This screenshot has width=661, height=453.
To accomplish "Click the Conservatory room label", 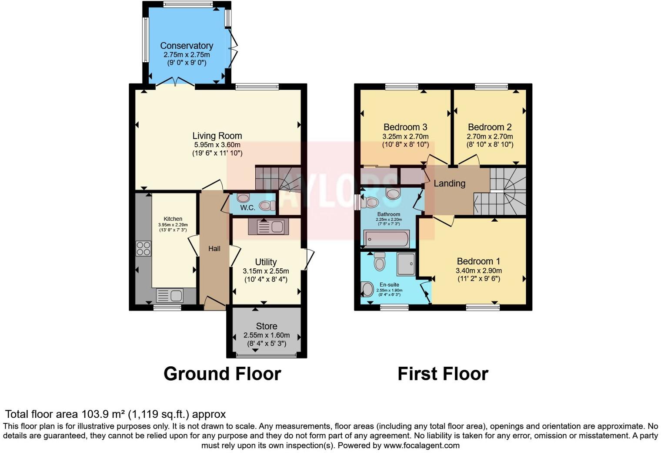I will [x=187, y=46].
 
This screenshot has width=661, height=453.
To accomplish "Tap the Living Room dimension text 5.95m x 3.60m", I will [x=217, y=145].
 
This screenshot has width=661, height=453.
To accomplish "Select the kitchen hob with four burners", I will [x=144, y=248].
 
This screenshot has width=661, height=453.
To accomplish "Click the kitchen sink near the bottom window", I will [x=170, y=296].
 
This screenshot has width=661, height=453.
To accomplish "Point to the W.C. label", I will [x=247, y=208].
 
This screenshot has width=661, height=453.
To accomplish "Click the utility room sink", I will [x=266, y=226].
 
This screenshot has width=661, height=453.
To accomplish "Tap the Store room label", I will [x=267, y=326].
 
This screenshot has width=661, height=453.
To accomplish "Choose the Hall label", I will [x=214, y=249].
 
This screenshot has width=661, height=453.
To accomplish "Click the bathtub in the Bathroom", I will [x=387, y=239].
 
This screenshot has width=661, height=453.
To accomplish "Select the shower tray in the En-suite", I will [x=406, y=264].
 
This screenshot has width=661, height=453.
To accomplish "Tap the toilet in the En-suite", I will [x=380, y=262].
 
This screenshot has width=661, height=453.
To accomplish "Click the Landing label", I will [x=449, y=183].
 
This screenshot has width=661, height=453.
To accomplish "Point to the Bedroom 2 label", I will [x=490, y=127].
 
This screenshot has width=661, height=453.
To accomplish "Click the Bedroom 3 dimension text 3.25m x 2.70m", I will [x=405, y=136].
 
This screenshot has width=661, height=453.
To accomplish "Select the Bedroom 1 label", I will [x=478, y=261].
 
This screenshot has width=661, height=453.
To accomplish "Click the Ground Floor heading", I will [x=222, y=374].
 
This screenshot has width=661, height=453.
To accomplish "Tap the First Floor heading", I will [x=443, y=374].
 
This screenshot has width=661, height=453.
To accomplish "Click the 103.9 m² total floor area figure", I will [x=103, y=414].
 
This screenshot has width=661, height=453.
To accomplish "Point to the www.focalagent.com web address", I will [x=421, y=446].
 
